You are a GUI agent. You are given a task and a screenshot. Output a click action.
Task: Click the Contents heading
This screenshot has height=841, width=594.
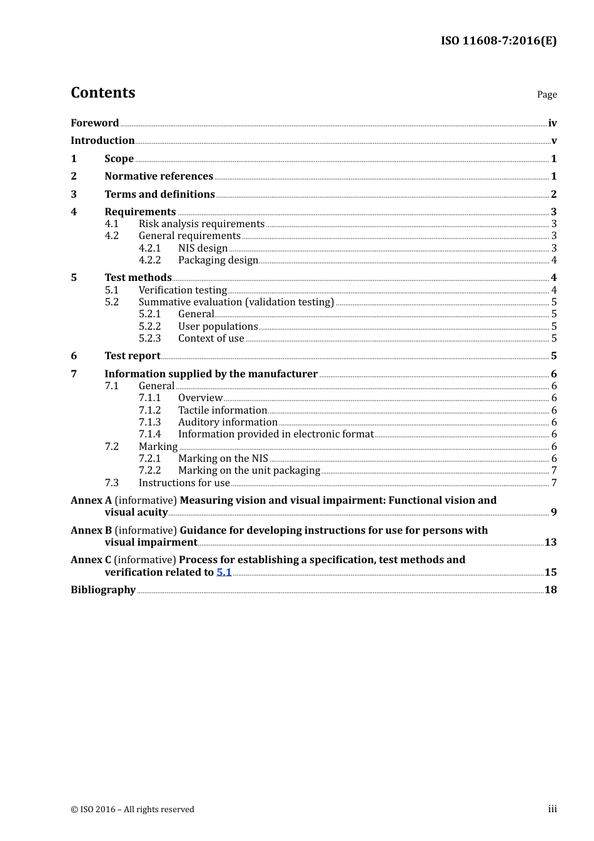click(x=103, y=93)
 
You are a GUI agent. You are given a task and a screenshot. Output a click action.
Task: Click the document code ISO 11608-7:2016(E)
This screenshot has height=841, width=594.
click(x=498, y=41)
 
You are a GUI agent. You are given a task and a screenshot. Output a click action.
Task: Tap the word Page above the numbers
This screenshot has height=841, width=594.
click(x=546, y=94)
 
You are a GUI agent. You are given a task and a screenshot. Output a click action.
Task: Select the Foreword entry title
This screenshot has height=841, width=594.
click(x=94, y=123)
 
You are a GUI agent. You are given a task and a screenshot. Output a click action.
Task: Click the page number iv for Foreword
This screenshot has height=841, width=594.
click(x=552, y=123)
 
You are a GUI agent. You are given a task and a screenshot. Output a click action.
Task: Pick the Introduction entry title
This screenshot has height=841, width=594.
click(x=103, y=141)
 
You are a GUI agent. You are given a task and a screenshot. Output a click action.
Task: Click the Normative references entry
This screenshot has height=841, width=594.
click(x=159, y=176)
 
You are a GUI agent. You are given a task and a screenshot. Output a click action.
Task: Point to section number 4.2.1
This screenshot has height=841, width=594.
click(x=149, y=248)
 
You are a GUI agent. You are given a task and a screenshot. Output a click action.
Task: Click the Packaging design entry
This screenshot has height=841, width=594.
click(x=218, y=260)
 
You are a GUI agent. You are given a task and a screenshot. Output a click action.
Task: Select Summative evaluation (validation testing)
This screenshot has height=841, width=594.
click(x=236, y=302)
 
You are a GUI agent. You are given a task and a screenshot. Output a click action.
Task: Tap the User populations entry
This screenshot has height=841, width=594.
click(x=218, y=327)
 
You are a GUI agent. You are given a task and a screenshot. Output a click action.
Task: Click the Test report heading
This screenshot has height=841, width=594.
click(x=133, y=356)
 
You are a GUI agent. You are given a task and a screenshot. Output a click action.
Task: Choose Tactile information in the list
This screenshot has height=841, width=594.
click(x=223, y=410)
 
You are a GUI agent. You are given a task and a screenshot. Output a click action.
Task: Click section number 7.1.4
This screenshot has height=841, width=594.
click(x=149, y=434)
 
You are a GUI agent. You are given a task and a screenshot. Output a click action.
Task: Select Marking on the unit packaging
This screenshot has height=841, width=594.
click(x=249, y=471)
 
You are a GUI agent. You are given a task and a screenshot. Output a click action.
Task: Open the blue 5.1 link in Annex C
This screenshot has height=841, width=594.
click(x=224, y=573)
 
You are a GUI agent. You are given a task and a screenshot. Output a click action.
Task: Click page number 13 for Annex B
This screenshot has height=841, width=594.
click(x=550, y=543)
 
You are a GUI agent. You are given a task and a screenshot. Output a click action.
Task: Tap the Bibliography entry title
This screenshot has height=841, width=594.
click(x=103, y=590)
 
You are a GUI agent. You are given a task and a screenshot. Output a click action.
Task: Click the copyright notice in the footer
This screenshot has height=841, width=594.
click(x=133, y=810)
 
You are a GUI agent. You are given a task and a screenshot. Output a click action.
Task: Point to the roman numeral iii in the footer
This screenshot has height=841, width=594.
click(x=552, y=809)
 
